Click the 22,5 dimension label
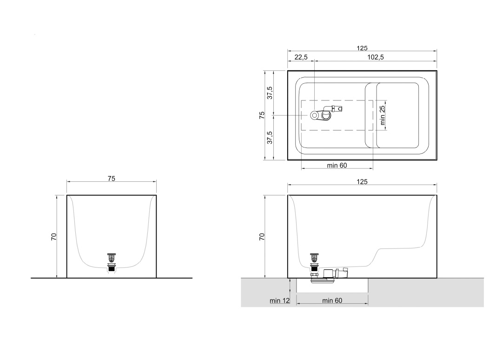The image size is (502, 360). click(x=301, y=57)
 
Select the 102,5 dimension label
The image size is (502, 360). click(x=376, y=57)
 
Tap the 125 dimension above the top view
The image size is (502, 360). click(x=362, y=48)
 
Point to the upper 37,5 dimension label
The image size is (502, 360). click(x=270, y=93)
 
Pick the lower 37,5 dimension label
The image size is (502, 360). click(x=270, y=137)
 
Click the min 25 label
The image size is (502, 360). click(x=382, y=115)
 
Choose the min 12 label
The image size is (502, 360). click(x=279, y=300)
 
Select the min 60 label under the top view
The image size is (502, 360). click(x=337, y=165)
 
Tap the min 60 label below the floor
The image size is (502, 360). click(x=332, y=300)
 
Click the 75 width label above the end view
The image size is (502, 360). click(x=112, y=179)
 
